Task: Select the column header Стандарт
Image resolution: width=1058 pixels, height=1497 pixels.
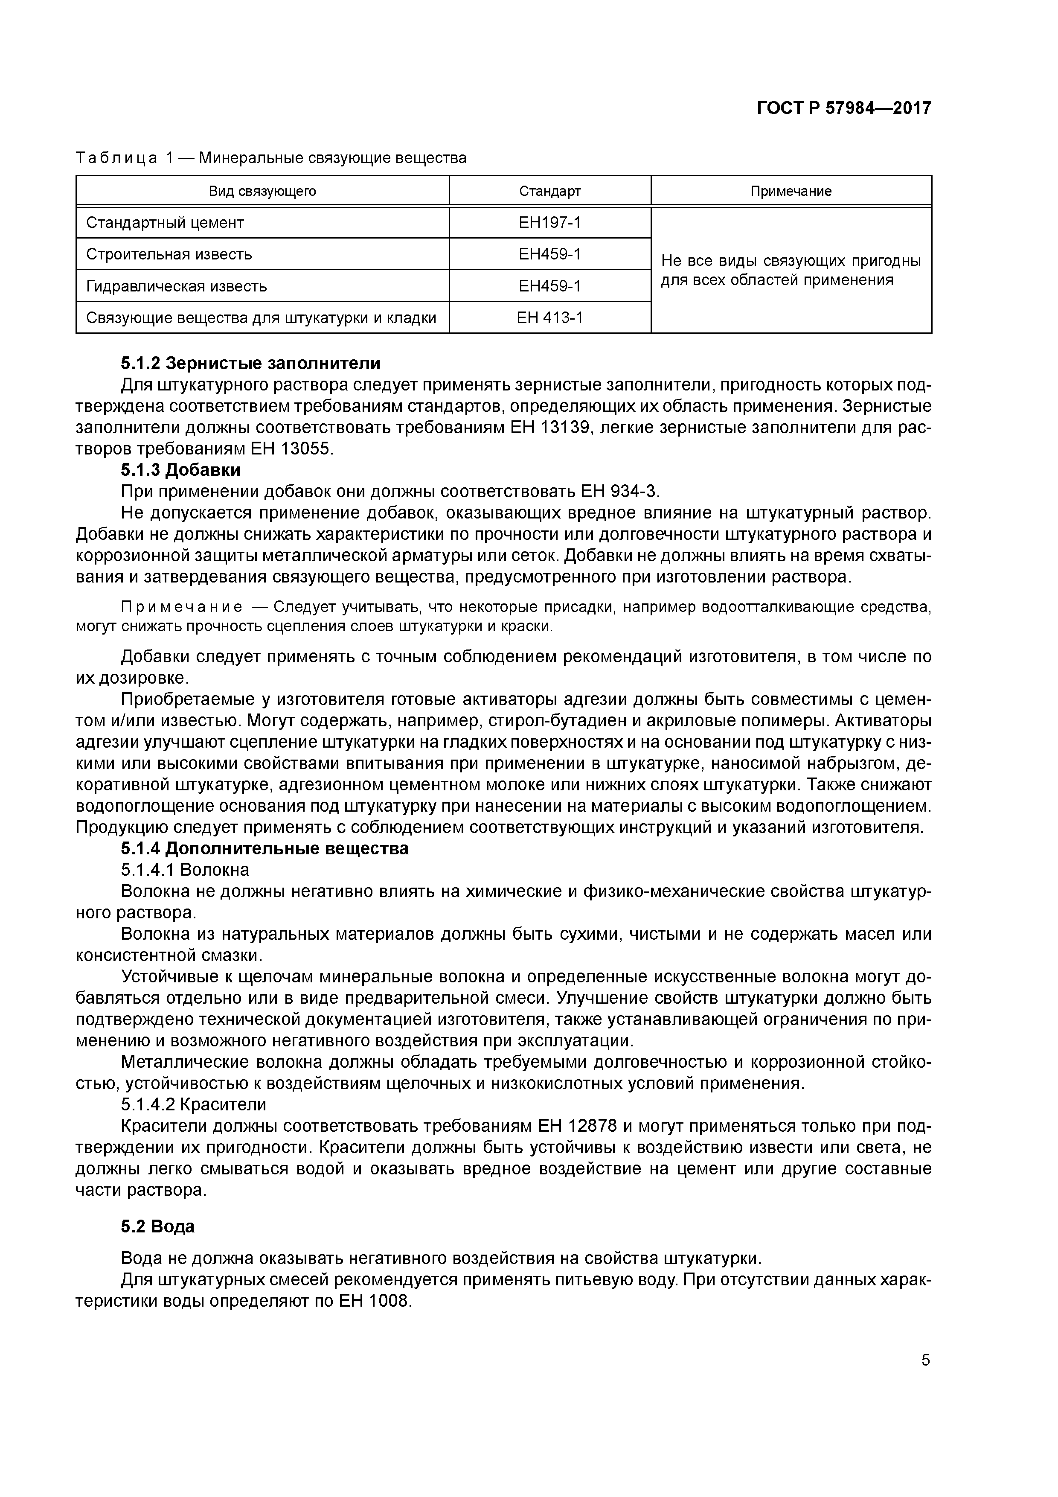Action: (549, 191)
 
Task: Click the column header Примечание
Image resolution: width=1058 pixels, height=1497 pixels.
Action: (791, 191)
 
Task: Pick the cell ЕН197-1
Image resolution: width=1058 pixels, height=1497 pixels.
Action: (549, 222)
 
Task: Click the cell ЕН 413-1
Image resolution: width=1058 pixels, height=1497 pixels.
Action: (549, 317)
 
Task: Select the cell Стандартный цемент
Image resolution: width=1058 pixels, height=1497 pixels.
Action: (165, 222)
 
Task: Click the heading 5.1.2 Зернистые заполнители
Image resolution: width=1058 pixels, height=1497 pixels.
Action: (250, 363)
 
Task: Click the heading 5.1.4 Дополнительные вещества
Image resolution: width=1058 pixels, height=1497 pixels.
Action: (264, 848)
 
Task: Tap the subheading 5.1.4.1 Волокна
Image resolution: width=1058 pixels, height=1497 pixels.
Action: (184, 870)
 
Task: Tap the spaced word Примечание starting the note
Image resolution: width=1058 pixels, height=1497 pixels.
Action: (182, 607)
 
